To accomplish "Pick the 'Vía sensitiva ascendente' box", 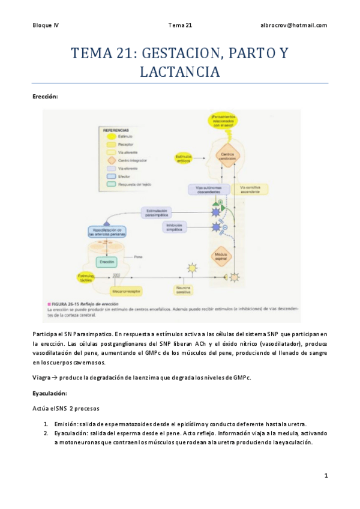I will coord(252,189).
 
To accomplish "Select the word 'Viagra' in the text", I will coord(43,377).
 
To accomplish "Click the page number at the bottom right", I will coord(326,475).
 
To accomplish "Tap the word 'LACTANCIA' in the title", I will coord(179,72).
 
